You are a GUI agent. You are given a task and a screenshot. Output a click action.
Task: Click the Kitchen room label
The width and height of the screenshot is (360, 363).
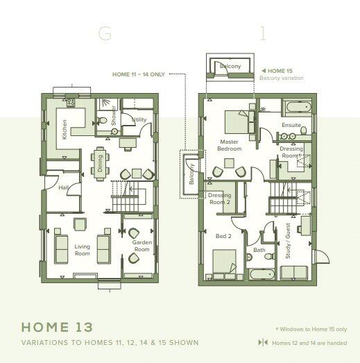(x=65, y=128)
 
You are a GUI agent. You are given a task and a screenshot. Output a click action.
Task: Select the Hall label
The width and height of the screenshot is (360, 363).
(x=64, y=187)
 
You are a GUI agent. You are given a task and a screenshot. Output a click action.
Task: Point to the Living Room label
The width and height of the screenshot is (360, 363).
(x=83, y=250)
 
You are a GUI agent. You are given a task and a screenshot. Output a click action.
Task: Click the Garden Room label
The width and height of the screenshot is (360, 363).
(x=142, y=246)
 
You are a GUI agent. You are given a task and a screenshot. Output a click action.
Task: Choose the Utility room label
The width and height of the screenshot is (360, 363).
(x=138, y=120)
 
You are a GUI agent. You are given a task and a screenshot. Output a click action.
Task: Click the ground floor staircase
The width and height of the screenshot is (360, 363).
(x=126, y=201)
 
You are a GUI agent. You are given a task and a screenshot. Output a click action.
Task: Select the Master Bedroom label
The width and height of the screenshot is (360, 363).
(x=229, y=145)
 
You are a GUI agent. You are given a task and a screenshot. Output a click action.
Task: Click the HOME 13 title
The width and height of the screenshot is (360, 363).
(x=55, y=327)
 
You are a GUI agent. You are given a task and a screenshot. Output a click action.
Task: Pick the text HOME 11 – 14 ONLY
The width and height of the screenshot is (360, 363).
(x=138, y=74)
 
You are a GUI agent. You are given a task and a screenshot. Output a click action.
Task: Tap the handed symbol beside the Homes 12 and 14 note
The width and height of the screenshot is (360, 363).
(x=262, y=342)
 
